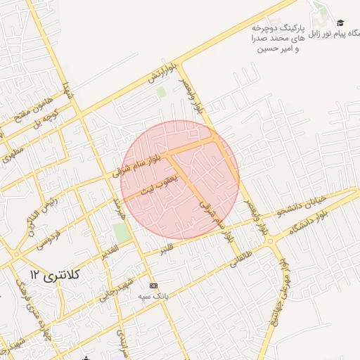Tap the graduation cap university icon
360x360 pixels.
[x=340, y=24]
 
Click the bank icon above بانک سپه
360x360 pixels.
[x=153, y=285]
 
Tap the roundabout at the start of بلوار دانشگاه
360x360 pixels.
[x=271, y=240]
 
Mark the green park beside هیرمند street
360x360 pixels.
[x=122, y=233]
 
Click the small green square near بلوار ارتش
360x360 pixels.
[x=161, y=91]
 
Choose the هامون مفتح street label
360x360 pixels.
[x=22, y=110]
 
